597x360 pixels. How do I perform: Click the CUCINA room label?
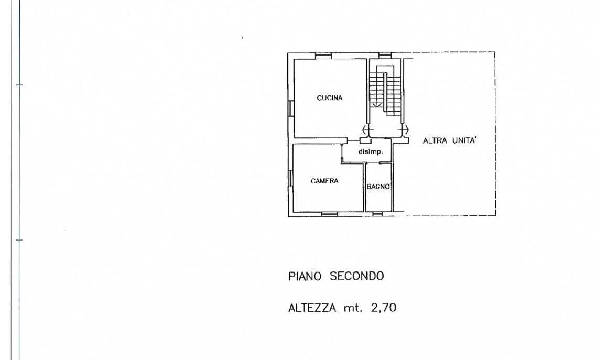pos(330,98)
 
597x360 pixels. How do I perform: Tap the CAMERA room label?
pos(324,181)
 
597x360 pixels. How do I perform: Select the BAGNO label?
pos(378,187)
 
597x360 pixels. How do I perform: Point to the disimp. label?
pos(371,152)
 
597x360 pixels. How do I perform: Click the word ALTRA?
pos(435,140)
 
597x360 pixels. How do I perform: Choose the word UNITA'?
pos(464,140)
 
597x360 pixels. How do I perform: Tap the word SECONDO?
pos(357,276)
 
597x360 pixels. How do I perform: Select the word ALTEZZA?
pos(312,308)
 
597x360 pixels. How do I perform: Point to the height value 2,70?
pos(383,308)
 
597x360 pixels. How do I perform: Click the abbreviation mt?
pos(353,308)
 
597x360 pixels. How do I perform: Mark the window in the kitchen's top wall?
pos(323,56)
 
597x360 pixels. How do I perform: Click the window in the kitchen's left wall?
pos(291,108)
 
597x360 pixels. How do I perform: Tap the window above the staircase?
pos(385,56)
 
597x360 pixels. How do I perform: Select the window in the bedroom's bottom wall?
pos(330,214)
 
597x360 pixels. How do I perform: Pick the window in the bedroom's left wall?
pos(290,178)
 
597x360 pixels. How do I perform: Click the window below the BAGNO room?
pos(378,214)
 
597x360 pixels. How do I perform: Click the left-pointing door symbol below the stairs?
pos(367,129)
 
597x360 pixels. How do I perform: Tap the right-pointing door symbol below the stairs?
pos(405,129)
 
